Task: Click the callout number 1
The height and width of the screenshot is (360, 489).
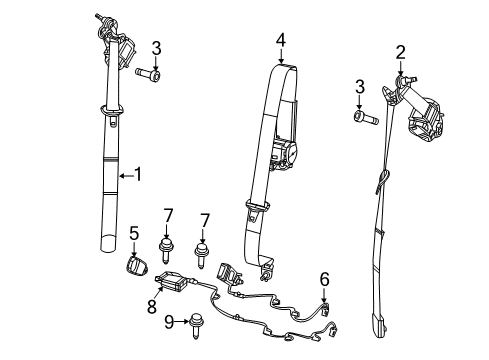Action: click(x=138, y=175)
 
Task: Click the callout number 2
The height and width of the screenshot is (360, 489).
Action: click(x=400, y=52)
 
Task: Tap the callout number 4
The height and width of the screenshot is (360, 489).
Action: click(x=281, y=41)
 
